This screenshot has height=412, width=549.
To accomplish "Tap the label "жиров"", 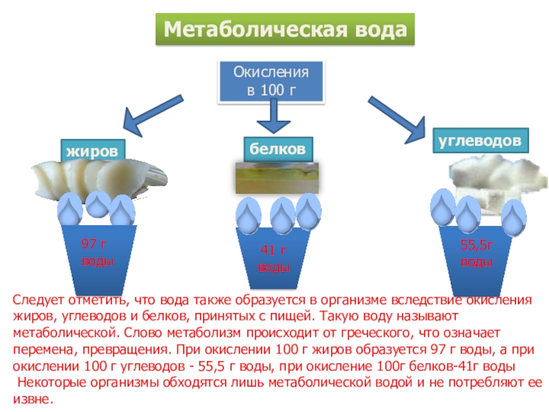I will tap(96, 150).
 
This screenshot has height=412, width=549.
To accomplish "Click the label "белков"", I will tap(278, 148).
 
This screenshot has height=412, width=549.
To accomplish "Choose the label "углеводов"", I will tap(480, 140).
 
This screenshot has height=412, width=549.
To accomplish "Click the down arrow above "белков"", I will tap(274, 117).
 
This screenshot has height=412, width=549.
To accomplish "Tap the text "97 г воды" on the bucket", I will tap(97, 253).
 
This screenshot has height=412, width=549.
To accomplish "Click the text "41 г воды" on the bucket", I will tap(273, 260).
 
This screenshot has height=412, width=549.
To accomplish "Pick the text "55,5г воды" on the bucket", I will tap(476, 253).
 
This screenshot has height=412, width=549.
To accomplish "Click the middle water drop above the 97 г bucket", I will tap(97, 203).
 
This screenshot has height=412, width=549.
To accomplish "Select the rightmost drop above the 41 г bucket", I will tap(308, 211).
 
